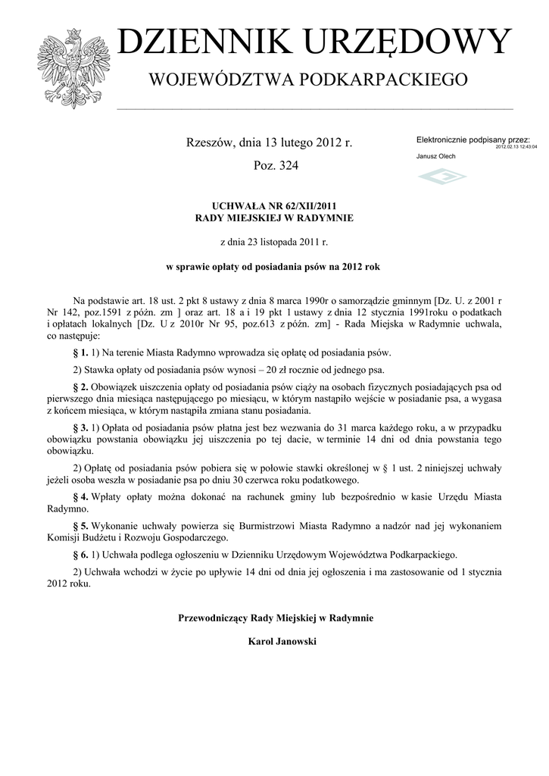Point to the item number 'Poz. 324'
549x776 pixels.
click(x=275, y=165)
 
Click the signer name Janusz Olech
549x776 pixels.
click(x=436, y=156)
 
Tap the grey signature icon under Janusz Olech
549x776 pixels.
click(x=442, y=177)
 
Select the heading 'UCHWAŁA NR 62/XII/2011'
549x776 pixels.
click(x=274, y=205)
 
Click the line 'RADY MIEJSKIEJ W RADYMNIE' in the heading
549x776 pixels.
click(x=274, y=217)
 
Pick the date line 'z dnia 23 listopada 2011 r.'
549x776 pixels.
click(x=274, y=242)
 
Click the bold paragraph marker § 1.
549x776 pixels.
click(x=80, y=353)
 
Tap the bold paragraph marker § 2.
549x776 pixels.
click(x=80, y=387)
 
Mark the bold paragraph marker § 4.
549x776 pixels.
click(x=80, y=496)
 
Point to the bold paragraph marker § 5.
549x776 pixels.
click(x=80, y=525)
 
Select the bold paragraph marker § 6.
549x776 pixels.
click(x=80, y=554)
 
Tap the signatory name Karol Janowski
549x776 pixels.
click(x=275, y=642)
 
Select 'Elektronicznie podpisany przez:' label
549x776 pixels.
click(x=473, y=140)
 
